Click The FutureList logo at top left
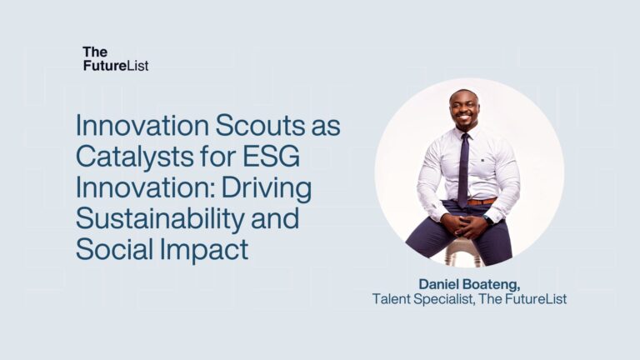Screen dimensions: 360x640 (115, 58)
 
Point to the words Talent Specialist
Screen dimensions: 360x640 (421, 298)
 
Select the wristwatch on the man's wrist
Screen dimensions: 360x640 (488, 221)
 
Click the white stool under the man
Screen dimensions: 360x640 (463, 253)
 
